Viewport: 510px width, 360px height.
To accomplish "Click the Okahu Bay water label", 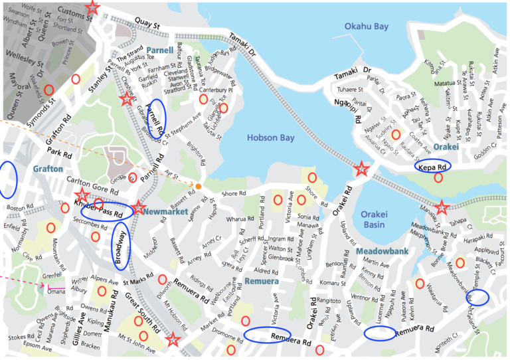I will (367, 27).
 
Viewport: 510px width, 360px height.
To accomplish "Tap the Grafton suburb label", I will (48, 169).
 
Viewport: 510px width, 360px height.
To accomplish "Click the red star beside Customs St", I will (93, 8).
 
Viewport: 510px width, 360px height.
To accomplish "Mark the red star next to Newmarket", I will (137, 209).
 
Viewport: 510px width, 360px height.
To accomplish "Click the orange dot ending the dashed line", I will (198, 185).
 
